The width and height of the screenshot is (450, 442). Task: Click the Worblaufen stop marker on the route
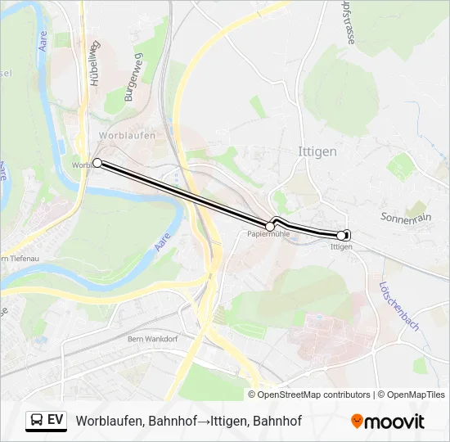click(x=97, y=163)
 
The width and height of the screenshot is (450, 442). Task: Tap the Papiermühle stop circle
click(x=270, y=226)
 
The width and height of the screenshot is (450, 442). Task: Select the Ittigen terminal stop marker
click(x=342, y=236)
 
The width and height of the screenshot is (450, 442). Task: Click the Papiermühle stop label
click(x=268, y=235)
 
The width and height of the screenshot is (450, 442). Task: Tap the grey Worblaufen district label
click(x=126, y=136)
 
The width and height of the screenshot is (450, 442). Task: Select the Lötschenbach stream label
click(x=399, y=306)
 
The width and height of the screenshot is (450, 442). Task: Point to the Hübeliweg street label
click(x=95, y=63)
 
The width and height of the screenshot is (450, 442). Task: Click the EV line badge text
click(x=56, y=421)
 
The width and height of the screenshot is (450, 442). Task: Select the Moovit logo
click(x=388, y=422)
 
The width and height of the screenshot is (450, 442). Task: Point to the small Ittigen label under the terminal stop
click(x=341, y=246)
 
